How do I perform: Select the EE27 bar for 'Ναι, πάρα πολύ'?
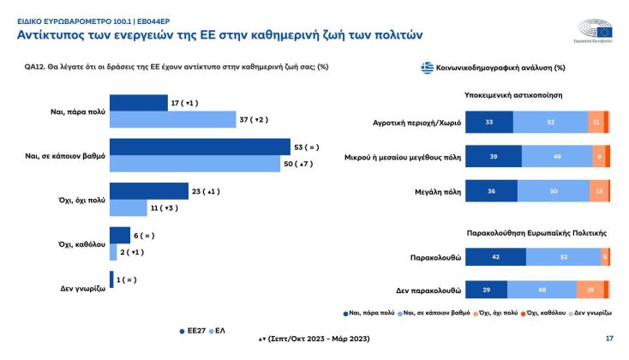(139, 103)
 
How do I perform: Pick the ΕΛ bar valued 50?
(195, 164)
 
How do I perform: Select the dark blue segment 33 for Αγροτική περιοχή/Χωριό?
(489, 122)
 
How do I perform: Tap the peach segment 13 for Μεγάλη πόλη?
(596, 191)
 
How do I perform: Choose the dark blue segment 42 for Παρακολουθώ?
(496, 257)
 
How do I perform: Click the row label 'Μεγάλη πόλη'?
(435, 191)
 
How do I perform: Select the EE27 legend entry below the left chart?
(191, 328)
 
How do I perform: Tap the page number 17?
(609, 339)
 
